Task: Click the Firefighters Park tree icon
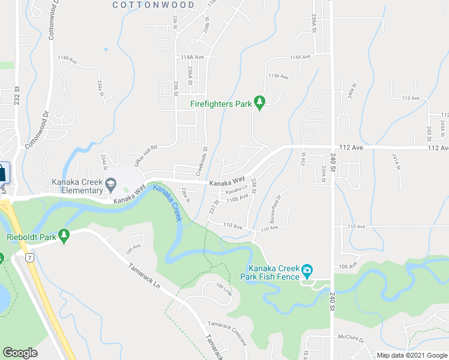click(260, 104)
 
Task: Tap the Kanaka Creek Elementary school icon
click(110, 183)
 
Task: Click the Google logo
click(20, 353)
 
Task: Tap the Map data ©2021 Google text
click(411, 355)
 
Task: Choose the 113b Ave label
click(279, 76)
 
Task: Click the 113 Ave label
click(411, 98)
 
